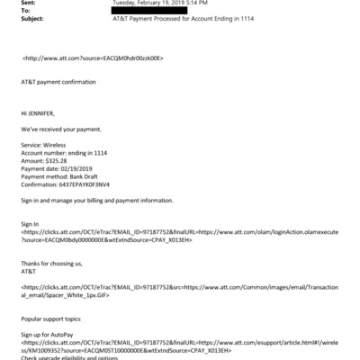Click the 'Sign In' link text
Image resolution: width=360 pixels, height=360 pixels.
tap(30, 220)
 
